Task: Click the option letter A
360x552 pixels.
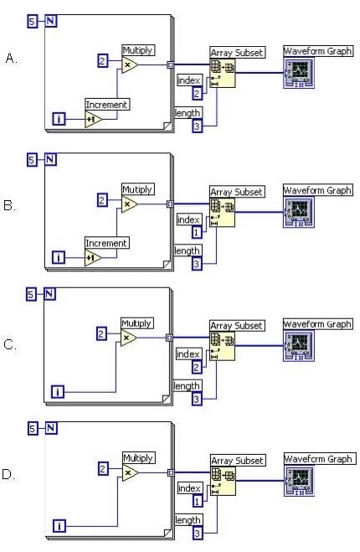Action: click(11, 58)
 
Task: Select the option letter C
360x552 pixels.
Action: click(10, 344)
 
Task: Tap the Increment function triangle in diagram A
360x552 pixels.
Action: click(94, 119)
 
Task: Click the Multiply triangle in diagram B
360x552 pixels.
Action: click(129, 204)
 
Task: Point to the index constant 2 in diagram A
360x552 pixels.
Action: click(197, 93)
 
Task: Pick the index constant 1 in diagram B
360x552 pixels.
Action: click(197, 232)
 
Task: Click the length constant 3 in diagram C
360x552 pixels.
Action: click(197, 400)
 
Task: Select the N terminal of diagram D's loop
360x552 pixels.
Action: click(51, 428)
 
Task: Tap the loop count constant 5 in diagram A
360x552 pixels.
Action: click(32, 22)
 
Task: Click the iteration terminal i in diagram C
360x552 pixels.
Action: click(58, 391)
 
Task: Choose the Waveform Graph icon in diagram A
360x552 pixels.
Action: click(299, 73)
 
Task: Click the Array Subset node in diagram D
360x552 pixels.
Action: click(223, 481)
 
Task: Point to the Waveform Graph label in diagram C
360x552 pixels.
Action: click(317, 324)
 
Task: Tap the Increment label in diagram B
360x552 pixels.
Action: click(106, 243)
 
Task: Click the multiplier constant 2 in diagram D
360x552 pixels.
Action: click(103, 468)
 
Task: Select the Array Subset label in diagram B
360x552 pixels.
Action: click(236, 192)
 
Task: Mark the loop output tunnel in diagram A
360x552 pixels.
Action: click(171, 64)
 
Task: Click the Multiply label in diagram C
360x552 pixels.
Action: click(137, 323)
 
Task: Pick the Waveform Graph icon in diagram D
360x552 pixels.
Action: click(299, 481)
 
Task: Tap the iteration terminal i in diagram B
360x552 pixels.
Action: click(59, 257)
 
